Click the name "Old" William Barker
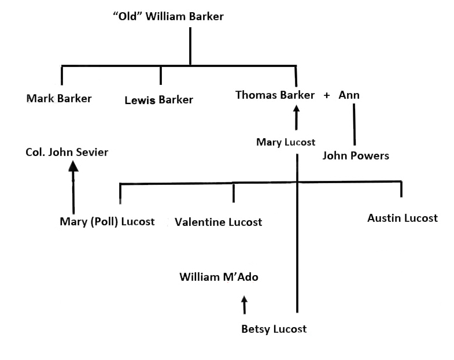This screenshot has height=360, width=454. (x=168, y=17)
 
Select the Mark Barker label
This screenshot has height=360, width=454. (x=59, y=98)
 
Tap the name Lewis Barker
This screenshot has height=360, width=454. (x=158, y=100)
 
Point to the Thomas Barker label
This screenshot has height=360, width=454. (x=275, y=95)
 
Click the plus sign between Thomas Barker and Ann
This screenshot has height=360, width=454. (x=327, y=95)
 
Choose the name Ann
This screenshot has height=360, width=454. (x=349, y=95)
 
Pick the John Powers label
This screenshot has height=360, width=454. (x=356, y=155)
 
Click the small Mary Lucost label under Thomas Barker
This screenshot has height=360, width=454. (x=286, y=142)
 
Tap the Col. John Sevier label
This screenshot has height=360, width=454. (x=67, y=153)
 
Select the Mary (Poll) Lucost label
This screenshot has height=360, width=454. (x=107, y=221)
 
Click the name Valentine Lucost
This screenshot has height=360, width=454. (x=218, y=222)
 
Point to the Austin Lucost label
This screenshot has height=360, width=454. (x=403, y=218)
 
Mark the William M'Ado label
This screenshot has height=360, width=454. (x=219, y=277)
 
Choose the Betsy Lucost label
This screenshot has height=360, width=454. (x=274, y=329)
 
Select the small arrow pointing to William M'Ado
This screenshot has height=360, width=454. (x=244, y=304)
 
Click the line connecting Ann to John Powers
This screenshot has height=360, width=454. (x=354, y=124)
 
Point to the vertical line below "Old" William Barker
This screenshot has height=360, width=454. (x=190, y=46)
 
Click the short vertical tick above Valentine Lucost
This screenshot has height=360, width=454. (x=234, y=192)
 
